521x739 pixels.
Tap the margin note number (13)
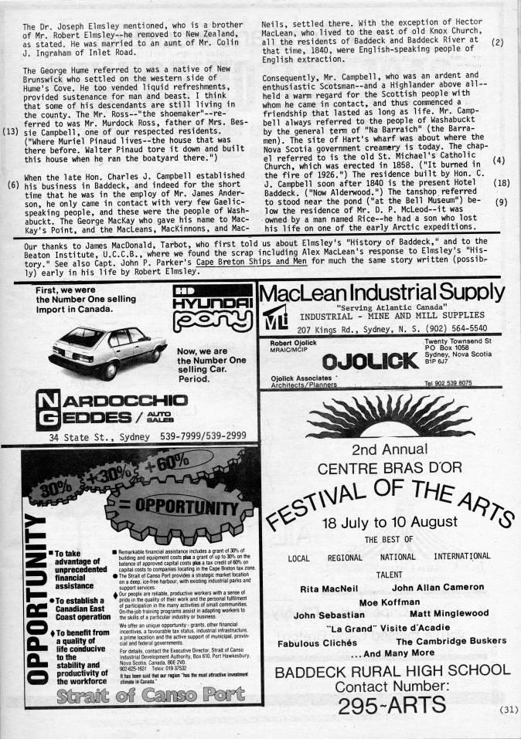point(11,130)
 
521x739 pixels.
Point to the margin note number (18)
point(499,183)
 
